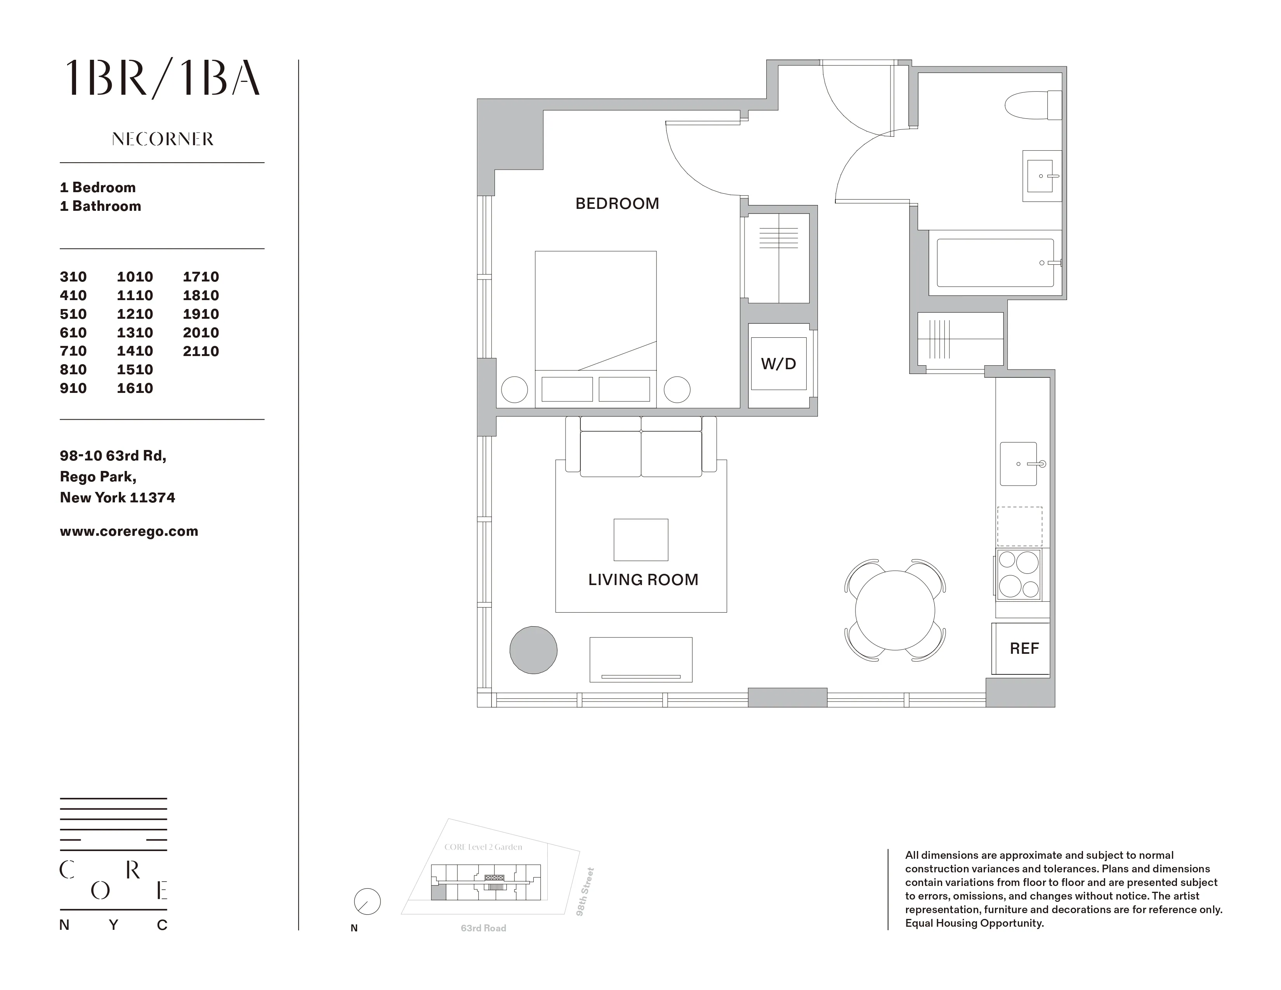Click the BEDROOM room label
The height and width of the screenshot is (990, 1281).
click(617, 203)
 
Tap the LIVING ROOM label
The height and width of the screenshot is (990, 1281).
click(643, 580)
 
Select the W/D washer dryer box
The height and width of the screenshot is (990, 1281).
click(778, 364)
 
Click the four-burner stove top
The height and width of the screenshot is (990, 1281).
click(1019, 574)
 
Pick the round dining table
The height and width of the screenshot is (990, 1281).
click(895, 610)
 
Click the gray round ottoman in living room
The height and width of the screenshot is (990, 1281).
click(533, 650)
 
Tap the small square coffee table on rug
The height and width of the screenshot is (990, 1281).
click(640, 540)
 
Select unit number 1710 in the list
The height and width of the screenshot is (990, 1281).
click(201, 277)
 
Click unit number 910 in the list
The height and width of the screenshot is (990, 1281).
click(73, 388)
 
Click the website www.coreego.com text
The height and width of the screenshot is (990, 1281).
click(129, 531)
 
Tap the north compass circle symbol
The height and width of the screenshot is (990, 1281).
click(367, 901)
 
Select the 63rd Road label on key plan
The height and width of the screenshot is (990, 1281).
click(483, 928)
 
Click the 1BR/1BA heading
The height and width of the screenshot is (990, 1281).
click(163, 78)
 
